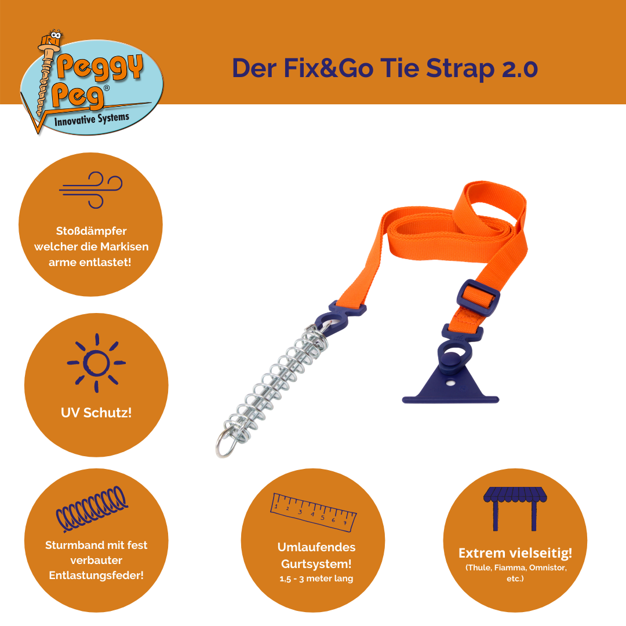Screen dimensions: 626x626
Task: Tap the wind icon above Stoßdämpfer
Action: (90, 190)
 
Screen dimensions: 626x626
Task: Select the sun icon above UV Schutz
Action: (96, 363)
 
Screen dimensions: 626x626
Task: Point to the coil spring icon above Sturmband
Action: (92, 509)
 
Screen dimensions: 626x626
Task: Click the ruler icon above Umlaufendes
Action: (314, 512)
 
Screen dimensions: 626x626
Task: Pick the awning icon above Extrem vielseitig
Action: (515, 508)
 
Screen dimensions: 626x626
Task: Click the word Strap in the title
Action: (460, 68)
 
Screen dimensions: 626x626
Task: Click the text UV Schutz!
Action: (96, 413)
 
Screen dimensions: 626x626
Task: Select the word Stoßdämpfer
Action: (91, 231)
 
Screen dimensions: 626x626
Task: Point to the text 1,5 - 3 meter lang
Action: (316, 578)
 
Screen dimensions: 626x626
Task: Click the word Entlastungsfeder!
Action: (96, 576)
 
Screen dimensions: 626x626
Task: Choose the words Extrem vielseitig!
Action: (515, 553)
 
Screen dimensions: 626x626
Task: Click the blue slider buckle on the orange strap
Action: (478, 299)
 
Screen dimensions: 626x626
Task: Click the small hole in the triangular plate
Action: (451, 383)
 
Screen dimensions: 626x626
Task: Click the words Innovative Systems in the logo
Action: (92, 119)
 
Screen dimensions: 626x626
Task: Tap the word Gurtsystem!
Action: (316, 564)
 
